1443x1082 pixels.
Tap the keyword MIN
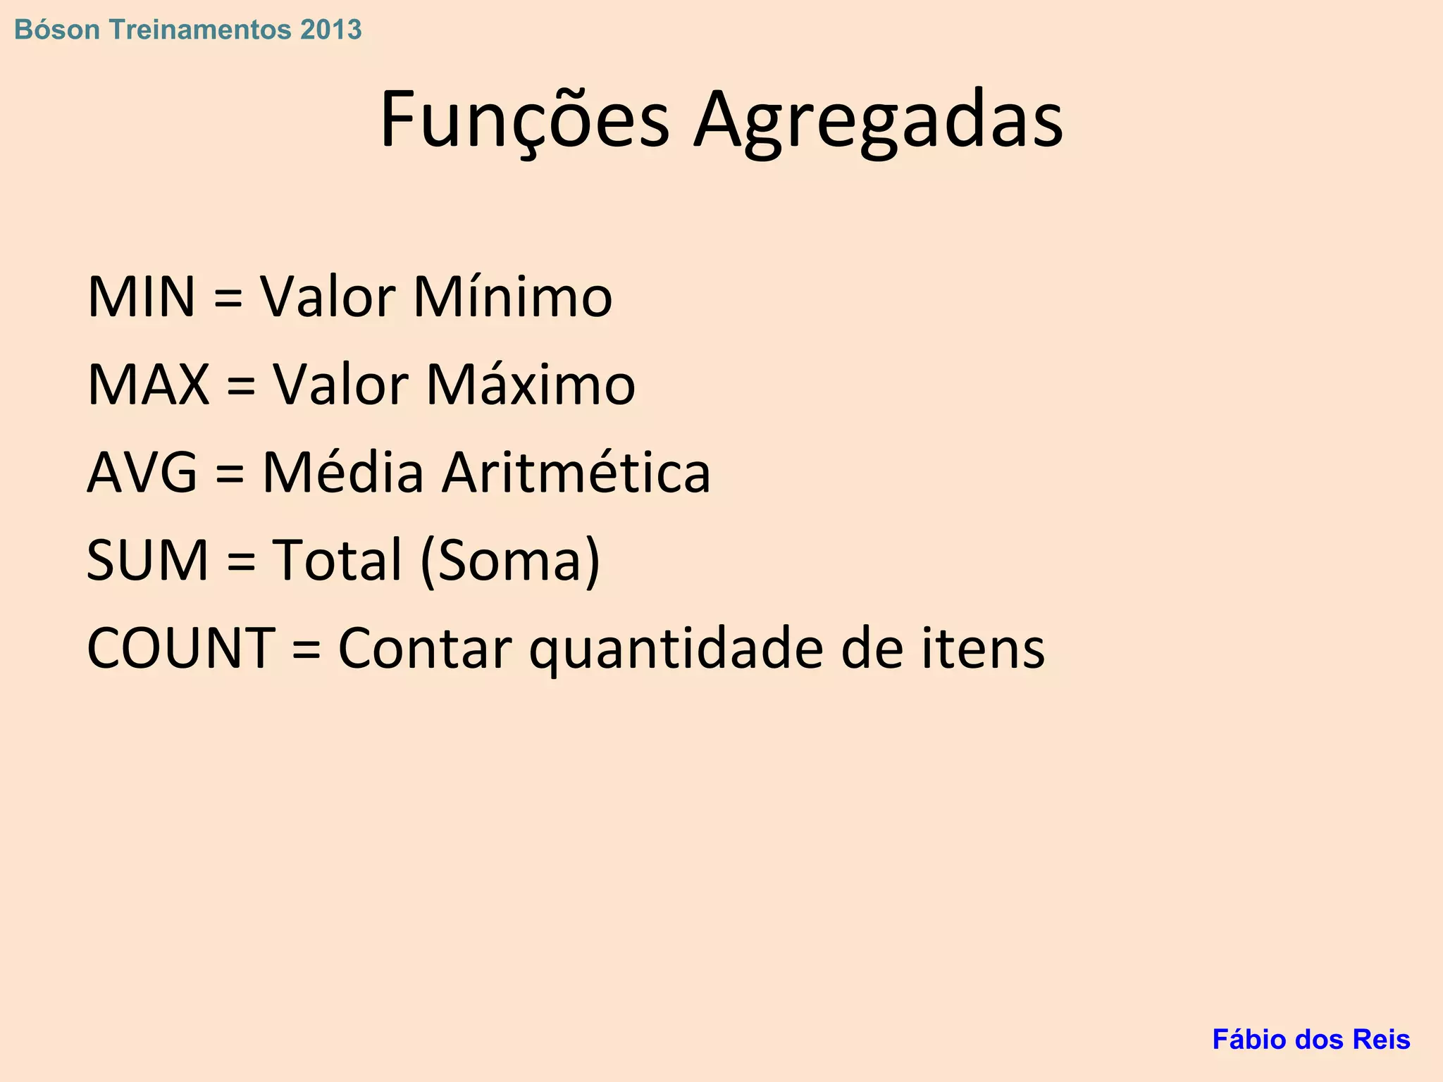click(x=141, y=297)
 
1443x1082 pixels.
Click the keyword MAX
click(x=148, y=385)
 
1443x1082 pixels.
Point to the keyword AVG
click(x=142, y=473)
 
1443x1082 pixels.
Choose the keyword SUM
click(x=148, y=560)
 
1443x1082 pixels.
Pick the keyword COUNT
click(x=181, y=648)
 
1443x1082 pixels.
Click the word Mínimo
click(x=512, y=297)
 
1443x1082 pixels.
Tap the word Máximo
click(x=531, y=385)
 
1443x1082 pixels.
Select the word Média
click(x=343, y=473)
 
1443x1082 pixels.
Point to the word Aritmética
click(x=576, y=473)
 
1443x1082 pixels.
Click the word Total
click(x=337, y=560)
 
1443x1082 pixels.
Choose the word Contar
click(x=424, y=648)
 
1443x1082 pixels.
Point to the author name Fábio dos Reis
click(x=1311, y=1040)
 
